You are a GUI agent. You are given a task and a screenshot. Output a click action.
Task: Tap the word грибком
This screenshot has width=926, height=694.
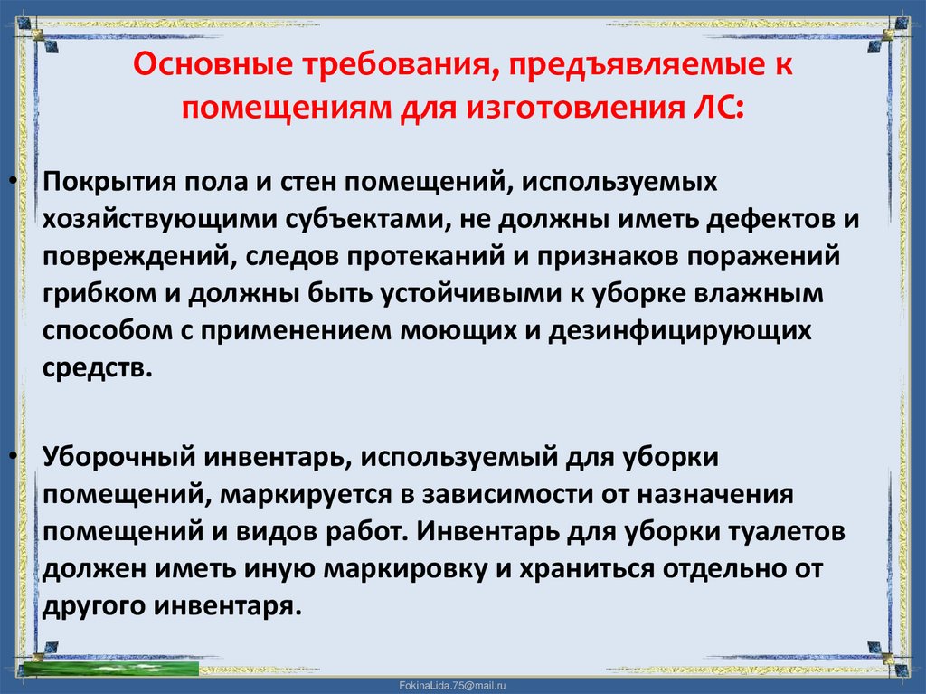[x=85, y=293]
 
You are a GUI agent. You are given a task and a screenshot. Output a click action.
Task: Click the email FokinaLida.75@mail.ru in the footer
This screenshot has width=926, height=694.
[x=462, y=686]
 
